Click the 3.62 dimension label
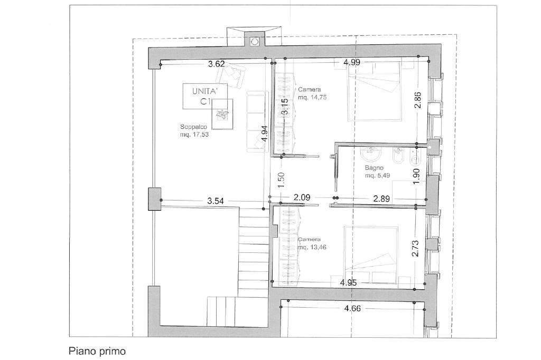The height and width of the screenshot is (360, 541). [216, 64]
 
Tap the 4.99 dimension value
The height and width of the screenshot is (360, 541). [352, 62]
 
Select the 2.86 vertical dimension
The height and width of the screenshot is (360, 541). [417, 100]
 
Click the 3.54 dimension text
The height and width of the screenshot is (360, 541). [216, 201]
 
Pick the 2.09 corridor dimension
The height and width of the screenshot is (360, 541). [302, 197]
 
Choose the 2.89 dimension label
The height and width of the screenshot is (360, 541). [381, 198]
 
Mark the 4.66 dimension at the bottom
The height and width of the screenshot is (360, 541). [352, 308]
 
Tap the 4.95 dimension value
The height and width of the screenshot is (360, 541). [349, 283]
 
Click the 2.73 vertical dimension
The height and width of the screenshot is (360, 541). [415, 248]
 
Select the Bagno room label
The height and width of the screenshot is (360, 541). [374, 168]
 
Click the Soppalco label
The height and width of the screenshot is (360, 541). [193, 127]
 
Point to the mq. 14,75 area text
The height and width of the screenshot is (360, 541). [312, 98]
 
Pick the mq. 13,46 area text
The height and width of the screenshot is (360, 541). [312, 247]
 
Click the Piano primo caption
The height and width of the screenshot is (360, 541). [97, 352]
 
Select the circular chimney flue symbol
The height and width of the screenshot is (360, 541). [255, 42]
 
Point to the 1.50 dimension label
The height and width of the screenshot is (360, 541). [281, 179]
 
